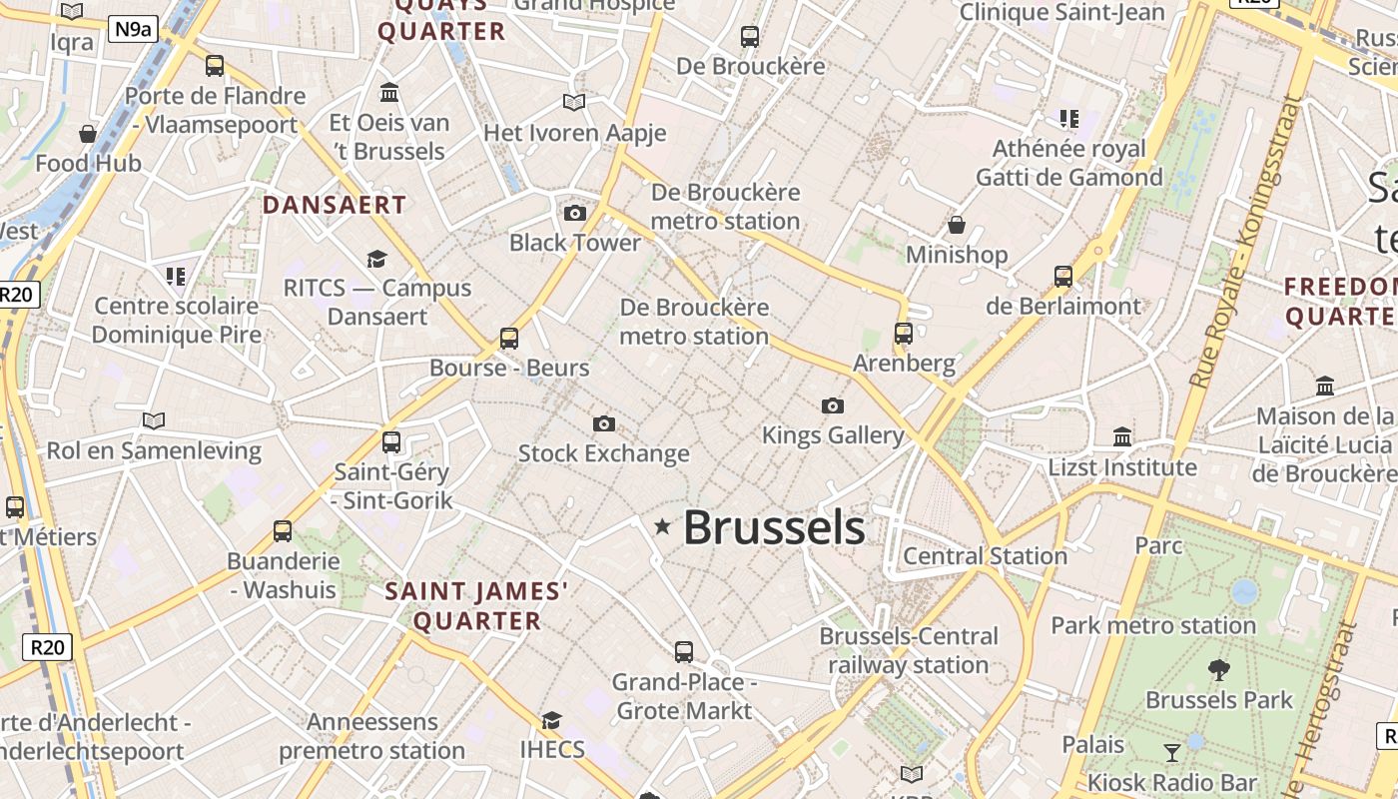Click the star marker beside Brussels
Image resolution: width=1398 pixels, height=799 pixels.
[662, 525]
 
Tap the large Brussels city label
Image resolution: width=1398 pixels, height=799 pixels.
[774, 527]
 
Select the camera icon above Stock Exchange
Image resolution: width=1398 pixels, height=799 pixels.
[604, 423]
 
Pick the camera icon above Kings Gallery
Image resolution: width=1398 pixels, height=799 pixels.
[833, 405]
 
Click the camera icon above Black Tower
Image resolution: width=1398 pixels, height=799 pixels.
[575, 213]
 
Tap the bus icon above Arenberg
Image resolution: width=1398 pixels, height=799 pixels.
[904, 334]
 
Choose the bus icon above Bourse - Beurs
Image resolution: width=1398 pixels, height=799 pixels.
[509, 339]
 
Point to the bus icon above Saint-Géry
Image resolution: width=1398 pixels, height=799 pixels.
[391, 441]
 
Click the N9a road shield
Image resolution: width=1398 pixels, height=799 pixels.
[133, 28]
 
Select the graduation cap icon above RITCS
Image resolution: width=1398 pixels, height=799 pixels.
[376, 260]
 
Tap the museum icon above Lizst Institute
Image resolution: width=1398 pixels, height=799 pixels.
[1122, 437]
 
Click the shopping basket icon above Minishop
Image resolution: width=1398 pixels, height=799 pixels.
[957, 225]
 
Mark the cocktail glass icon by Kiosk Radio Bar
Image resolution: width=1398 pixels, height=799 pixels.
[1172, 752]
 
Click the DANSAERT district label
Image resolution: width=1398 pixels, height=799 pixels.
[335, 205]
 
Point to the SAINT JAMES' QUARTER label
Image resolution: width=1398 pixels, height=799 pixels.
[477, 606]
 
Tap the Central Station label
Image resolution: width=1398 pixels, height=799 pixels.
[985, 555]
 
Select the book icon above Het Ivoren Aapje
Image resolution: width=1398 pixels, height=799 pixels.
[573, 102]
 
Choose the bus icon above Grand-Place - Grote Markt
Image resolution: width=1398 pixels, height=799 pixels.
[684, 652]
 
